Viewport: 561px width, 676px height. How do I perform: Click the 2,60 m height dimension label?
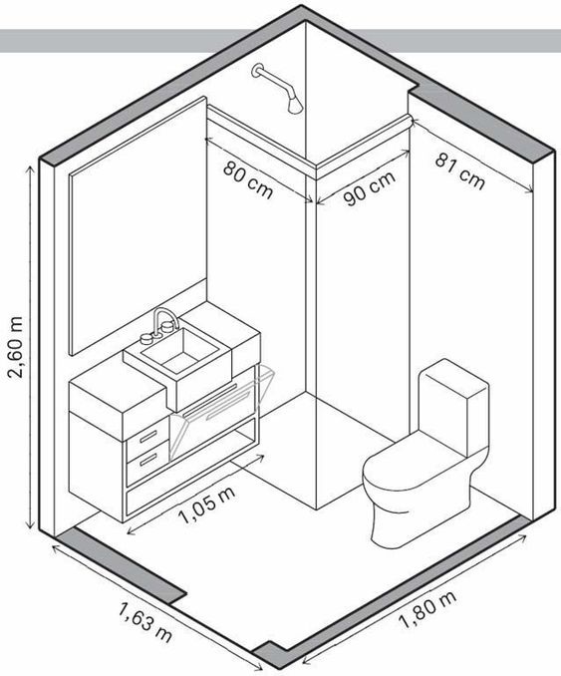[x=17, y=347]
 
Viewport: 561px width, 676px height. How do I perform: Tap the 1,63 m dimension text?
[x=145, y=622]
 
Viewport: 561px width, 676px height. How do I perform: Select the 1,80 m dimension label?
[x=427, y=609]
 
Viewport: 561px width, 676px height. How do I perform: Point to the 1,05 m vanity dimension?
[x=207, y=505]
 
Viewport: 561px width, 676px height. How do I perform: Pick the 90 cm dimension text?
[x=370, y=188]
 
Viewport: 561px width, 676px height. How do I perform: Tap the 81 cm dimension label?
[x=460, y=172]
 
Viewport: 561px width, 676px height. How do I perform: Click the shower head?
[x=295, y=105]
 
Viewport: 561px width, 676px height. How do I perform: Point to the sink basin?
[x=180, y=350]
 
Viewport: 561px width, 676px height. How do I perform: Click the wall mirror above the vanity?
[x=138, y=226]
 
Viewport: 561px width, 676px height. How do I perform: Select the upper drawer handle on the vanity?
[x=148, y=436]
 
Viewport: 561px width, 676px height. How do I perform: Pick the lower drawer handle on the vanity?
[x=148, y=460]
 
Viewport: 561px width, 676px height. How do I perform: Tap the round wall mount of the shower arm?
[x=257, y=71]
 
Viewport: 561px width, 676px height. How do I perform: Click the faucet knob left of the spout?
[x=146, y=339]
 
